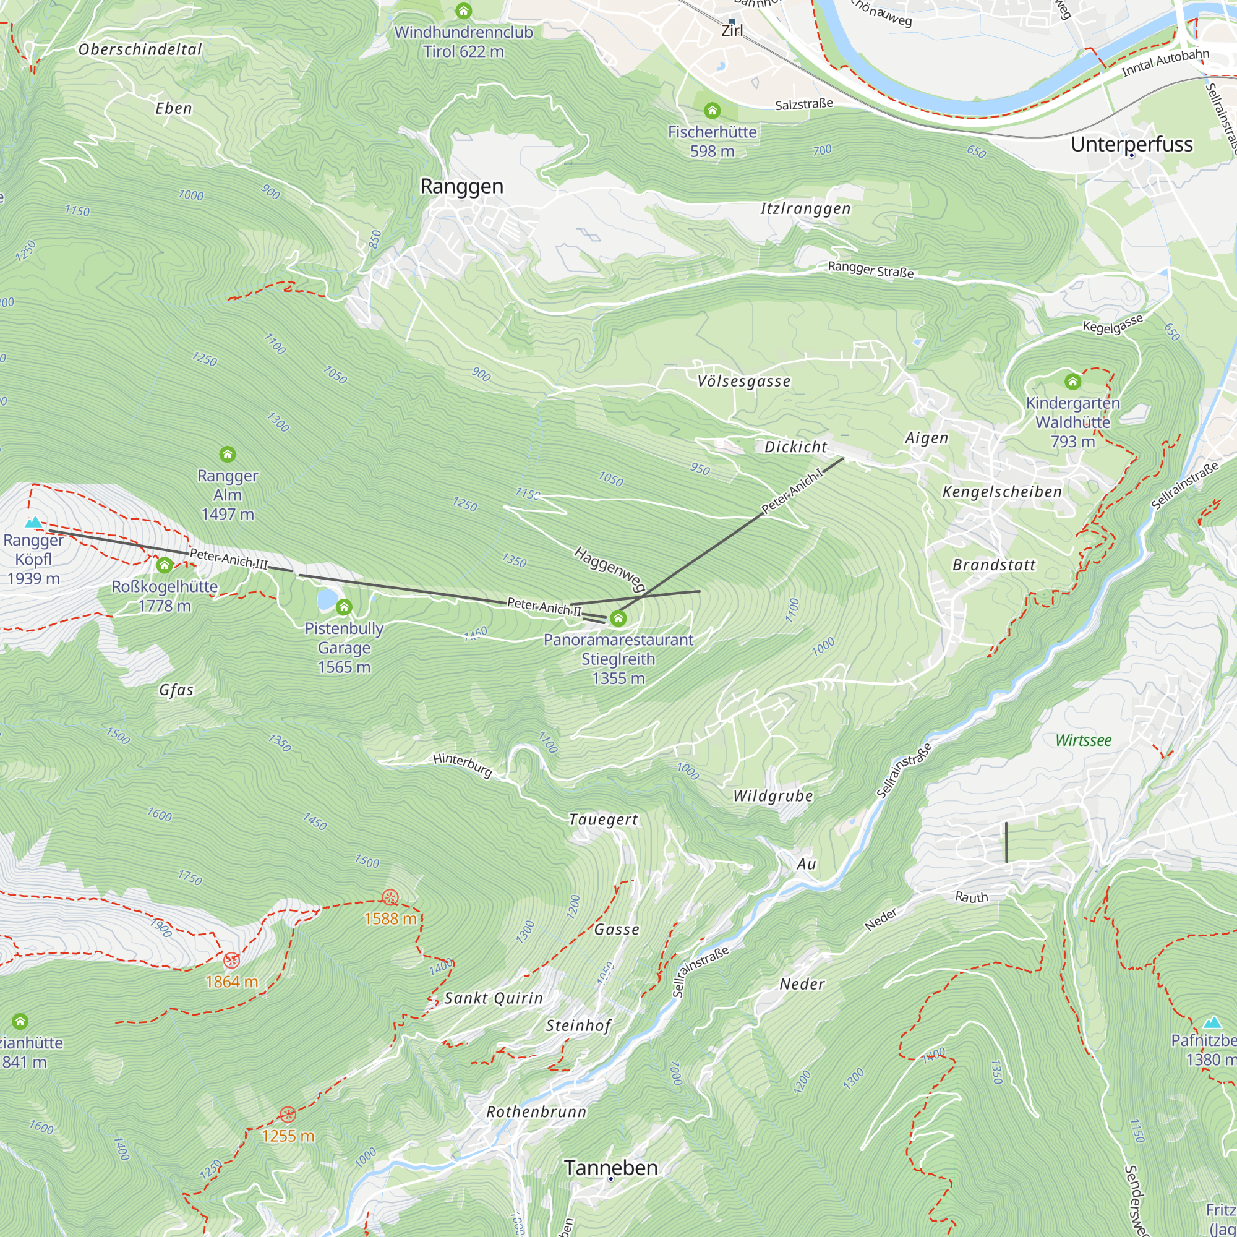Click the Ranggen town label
pos(461,186)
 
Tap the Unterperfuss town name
pos(1131,144)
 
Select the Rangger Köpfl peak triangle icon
pos(33,523)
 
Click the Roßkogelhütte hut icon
pos(165,565)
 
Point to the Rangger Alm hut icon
pos(227,455)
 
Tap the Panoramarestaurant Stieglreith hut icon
pos(618,618)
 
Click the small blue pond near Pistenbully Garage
pos(327,600)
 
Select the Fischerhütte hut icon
pos(712,111)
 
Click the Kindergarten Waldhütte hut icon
pos(1072,382)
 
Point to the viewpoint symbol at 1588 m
pos(390,897)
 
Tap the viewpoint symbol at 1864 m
pos(231,960)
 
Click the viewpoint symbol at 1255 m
pos(288,1115)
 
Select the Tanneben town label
pos(611,1168)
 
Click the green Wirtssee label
pos(1084,740)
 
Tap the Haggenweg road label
pos(610,568)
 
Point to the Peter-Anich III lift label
pos(229,560)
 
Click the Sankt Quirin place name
pos(493,998)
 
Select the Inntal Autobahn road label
pos(1165,62)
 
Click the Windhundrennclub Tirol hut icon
pos(463,12)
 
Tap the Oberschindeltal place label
pos(140,49)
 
